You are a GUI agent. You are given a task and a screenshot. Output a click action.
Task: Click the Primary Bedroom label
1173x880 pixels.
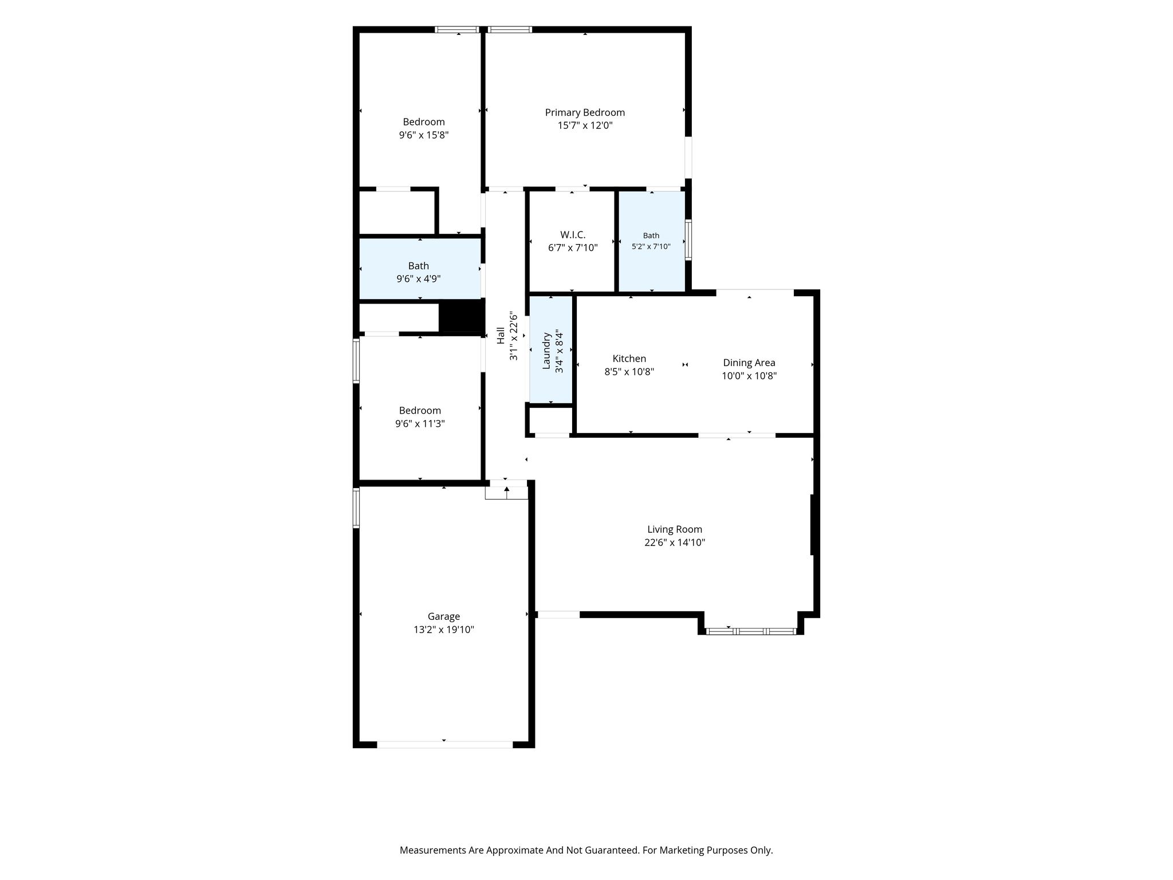(585, 113)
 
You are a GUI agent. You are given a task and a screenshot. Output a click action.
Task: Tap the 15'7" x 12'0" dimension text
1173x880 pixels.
(585, 125)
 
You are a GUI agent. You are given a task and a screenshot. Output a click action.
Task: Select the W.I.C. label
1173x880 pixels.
(573, 235)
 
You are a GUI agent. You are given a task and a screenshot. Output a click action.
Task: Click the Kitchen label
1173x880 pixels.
(629, 359)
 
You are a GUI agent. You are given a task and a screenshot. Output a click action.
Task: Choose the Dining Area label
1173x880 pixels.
(749, 363)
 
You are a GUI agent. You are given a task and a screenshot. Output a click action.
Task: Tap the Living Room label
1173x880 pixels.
(675, 529)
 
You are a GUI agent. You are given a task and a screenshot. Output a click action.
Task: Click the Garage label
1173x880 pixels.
(444, 616)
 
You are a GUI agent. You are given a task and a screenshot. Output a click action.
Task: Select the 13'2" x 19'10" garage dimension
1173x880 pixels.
(444, 630)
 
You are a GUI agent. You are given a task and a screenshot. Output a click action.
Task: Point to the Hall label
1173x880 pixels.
(501, 336)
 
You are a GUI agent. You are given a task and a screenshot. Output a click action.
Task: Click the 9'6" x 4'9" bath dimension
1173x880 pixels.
(419, 279)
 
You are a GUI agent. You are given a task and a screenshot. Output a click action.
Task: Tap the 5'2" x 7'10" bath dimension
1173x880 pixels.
(651, 246)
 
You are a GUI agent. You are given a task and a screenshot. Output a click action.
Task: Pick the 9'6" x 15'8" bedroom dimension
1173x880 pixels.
(424, 135)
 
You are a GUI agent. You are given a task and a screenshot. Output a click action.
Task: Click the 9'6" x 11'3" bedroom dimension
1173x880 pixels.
(420, 424)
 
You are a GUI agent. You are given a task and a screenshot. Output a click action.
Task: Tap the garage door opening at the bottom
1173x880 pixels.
(444, 745)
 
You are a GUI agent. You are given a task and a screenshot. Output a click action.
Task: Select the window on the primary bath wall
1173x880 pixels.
(688, 240)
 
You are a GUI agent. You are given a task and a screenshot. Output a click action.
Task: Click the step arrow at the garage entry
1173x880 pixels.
(507, 489)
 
